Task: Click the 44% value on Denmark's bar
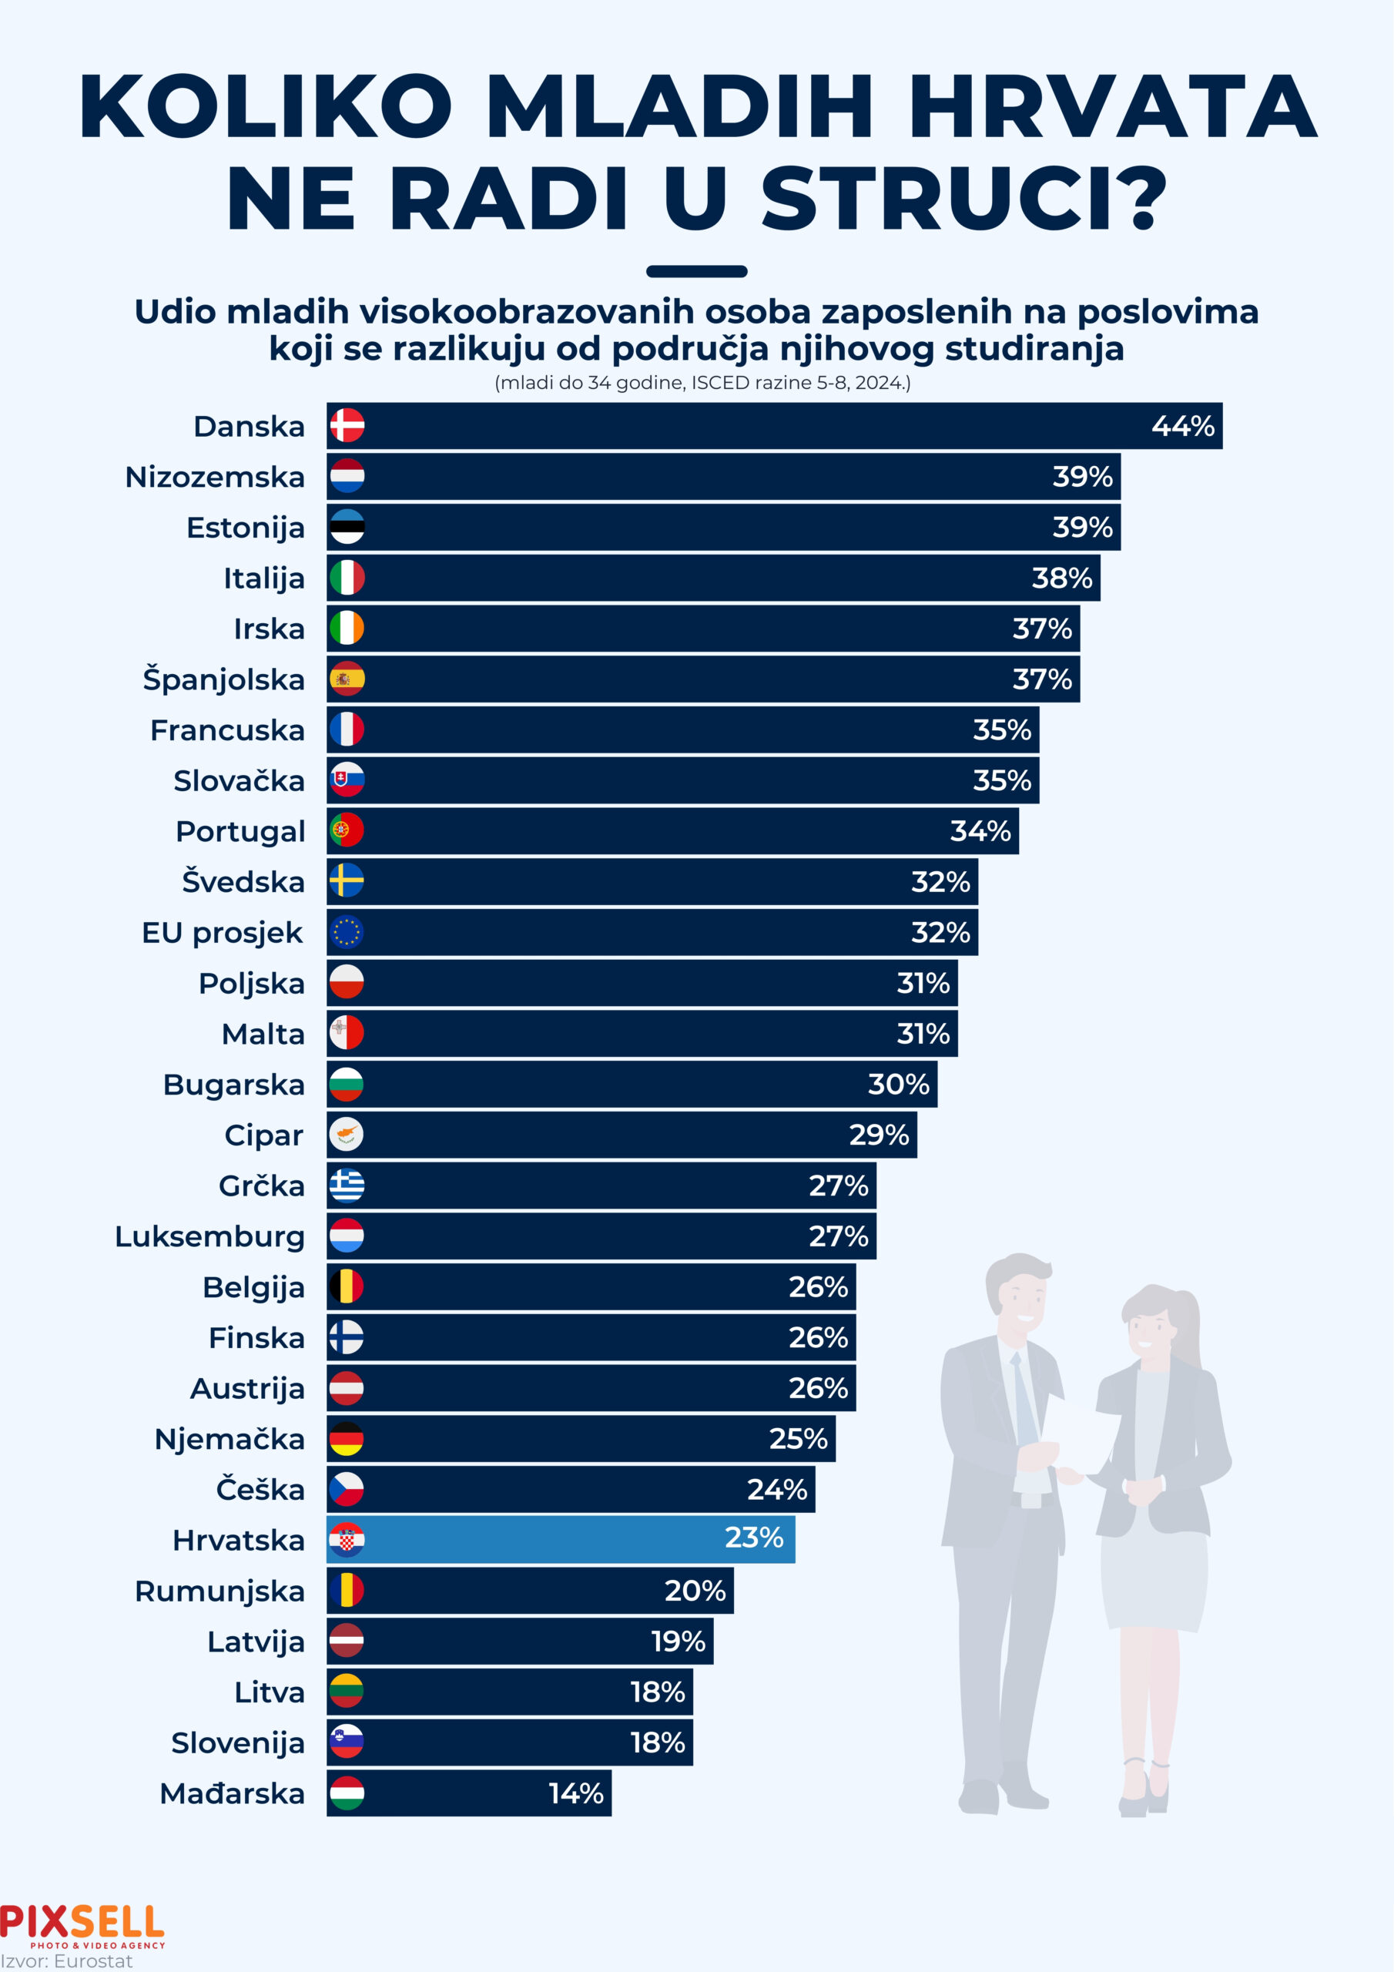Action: (1182, 426)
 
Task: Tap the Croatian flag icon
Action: (347, 1540)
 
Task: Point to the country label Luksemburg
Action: (209, 1237)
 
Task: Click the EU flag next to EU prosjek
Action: (347, 932)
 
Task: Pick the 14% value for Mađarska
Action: (575, 1793)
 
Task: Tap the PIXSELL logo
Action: (82, 1924)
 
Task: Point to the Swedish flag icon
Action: (347, 881)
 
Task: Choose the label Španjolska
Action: (223, 679)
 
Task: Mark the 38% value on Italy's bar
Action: (1061, 578)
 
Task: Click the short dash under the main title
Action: (696, 271)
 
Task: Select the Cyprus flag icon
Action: (347, 1135)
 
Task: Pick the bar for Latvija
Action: (520, 1642)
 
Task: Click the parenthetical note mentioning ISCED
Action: (702, 383)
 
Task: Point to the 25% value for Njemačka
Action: (798, 1439)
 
